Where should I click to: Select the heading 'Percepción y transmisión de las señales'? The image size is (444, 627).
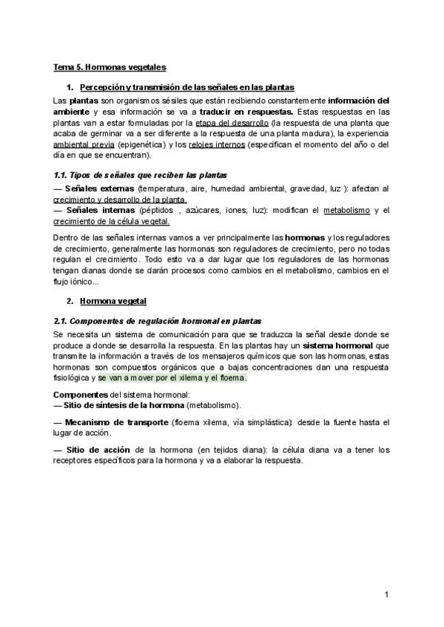(186, 87)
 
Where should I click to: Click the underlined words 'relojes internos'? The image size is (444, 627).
(216, 144)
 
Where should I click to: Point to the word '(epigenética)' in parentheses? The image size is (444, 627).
(141, 144)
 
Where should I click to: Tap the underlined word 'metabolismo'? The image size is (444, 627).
(346, 210)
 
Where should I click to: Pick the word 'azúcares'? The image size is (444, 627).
(201, 210)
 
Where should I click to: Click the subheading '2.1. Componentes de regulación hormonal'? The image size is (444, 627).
(157, 322)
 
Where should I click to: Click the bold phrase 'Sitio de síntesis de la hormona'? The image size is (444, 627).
(124, 405)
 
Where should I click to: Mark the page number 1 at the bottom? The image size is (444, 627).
(386, 594)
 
